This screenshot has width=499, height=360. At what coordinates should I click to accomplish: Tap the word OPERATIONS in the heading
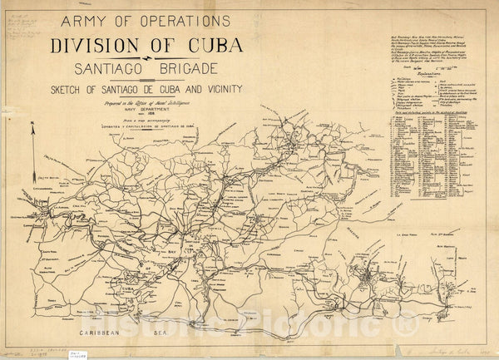click(x=185, y=19)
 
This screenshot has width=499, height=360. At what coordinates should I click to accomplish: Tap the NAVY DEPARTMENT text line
click(x=146, y=113)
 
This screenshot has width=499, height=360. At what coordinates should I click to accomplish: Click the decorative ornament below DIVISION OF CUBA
click(x=146, y=59)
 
